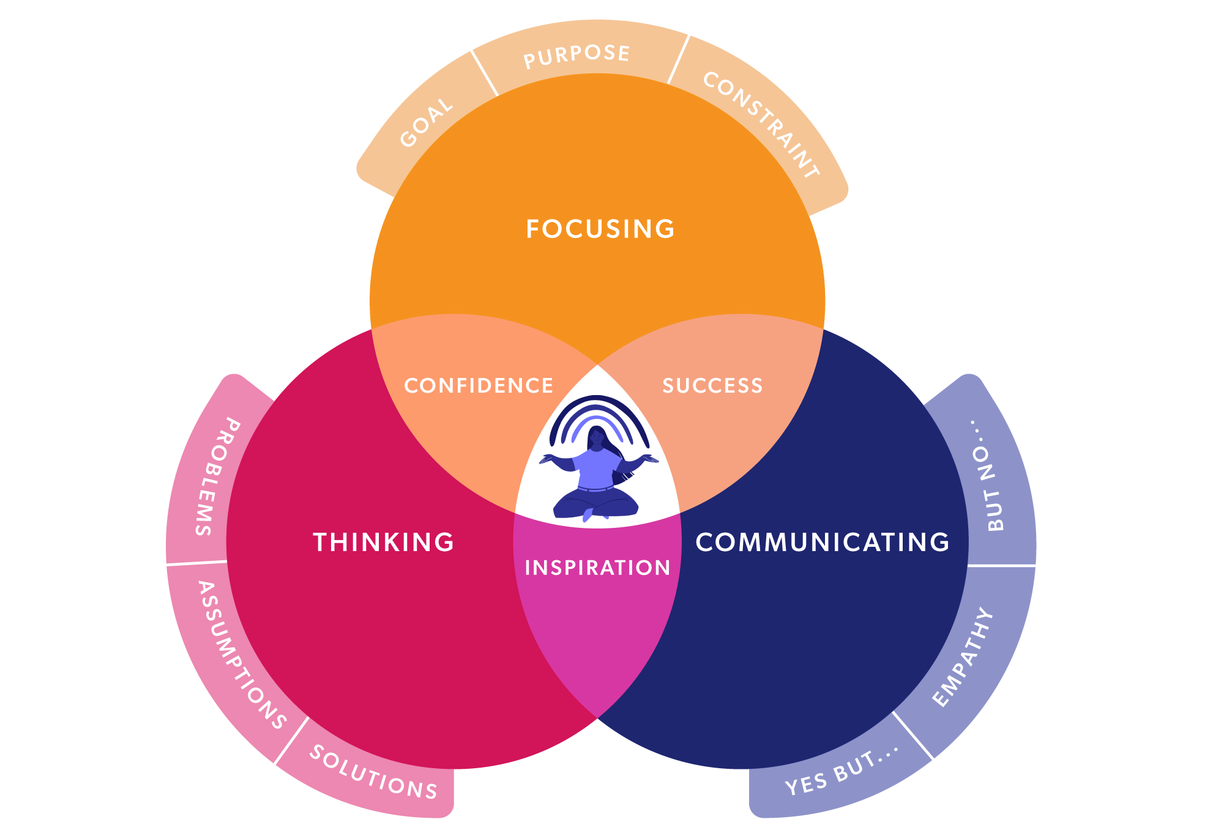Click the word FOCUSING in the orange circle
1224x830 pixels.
[600, 229]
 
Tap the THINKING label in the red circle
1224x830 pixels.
[384, 543]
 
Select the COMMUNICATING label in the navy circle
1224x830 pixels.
[823, 543]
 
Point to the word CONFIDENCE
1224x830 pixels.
[479, 386]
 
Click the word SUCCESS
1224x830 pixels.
[713, 386]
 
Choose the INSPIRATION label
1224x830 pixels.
[597, 568]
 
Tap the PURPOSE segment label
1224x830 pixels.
[577, 56]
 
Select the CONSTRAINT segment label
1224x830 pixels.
[761, 125]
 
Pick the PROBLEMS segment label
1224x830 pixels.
[217, 477]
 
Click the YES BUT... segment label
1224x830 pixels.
[842, 770]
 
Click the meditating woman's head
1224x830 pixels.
[596, 437]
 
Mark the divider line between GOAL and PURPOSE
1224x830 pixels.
[484, 73]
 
